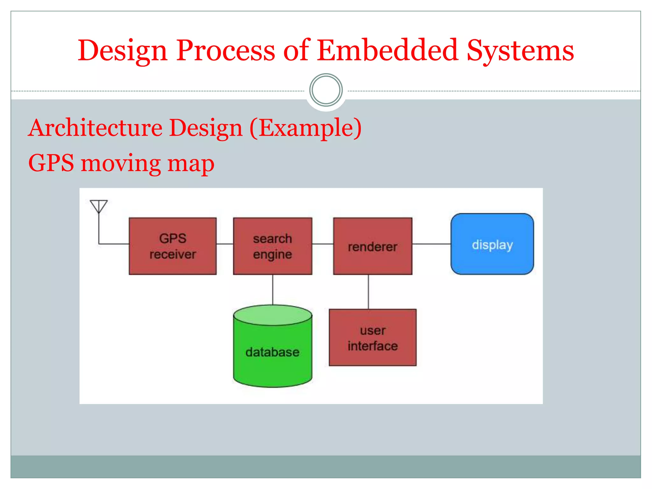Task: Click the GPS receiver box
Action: tap(173, 246)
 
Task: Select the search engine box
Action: tap(273, 246)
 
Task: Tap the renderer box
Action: tap(372, 246)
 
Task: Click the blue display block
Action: tap(492, 244)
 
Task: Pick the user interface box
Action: tap(372, 337)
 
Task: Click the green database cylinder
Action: tap(273, 350)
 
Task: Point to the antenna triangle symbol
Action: tap(99, 206)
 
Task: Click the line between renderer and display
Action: tap(431, 244)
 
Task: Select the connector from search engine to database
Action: tap(273, 290)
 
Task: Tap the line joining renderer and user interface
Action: tap(368, 292)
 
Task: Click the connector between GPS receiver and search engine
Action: tap(225, 244)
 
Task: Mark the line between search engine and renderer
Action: tap(322, 244)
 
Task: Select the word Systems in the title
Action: tap(520, 51)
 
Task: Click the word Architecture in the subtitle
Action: tap(96, 128)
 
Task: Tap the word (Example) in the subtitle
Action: tap(306, 128)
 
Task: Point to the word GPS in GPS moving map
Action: tap(51, 163)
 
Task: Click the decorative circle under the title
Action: tap(326, 90)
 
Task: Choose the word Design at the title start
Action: tap(123, 51)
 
